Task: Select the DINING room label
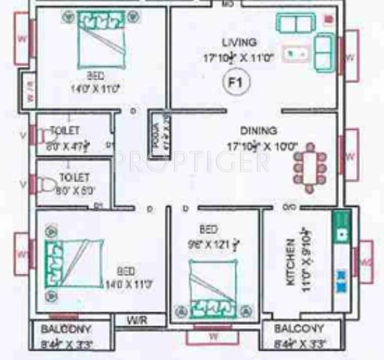258,130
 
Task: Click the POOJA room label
158,136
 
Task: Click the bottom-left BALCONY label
66,329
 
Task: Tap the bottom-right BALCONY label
299,329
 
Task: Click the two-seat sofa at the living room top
294,23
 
